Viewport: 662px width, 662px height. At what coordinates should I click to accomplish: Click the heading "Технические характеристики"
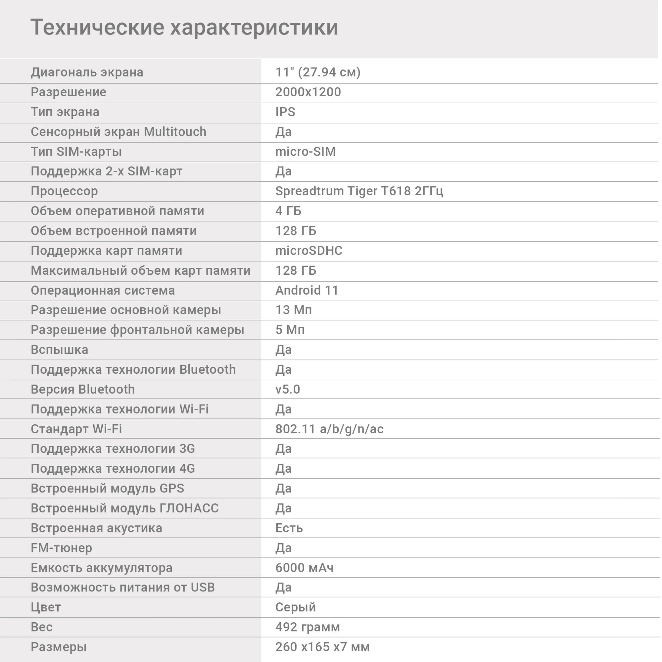pos(184,27)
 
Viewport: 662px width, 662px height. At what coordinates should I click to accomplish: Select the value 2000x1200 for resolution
pos(308,92)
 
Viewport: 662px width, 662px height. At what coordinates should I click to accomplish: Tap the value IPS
pos(285,112)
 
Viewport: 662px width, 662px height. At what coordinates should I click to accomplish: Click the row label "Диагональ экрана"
pos(87,72)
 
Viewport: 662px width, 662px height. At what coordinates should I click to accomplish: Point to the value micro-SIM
pos(305,152)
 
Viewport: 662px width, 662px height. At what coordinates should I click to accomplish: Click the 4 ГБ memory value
pos(288,211)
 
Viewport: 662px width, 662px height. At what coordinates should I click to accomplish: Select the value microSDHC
pos(309,251)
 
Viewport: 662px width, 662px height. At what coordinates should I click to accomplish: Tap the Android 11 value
pos(307,290)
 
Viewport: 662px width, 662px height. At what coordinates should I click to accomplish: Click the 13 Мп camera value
pos(294,310)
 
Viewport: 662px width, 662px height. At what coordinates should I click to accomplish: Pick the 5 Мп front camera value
pos(290,330)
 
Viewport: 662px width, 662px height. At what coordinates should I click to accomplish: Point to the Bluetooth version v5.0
pos(288,389)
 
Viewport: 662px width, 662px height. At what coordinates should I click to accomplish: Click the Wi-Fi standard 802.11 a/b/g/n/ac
pos(329,429)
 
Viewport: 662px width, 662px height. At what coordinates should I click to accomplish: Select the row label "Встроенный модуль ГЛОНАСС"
pos(125,508)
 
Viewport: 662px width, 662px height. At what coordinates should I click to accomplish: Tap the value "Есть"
pos(289,528)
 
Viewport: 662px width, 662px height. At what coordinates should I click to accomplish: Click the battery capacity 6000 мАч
pos(304,568)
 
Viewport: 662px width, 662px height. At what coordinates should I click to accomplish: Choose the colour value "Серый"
pos(295,607)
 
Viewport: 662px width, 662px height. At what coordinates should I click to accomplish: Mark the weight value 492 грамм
pos(307,627)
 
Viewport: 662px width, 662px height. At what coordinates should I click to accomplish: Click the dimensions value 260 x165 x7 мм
pos(322,647)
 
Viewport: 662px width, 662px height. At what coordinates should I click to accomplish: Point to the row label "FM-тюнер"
pos(61,548)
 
